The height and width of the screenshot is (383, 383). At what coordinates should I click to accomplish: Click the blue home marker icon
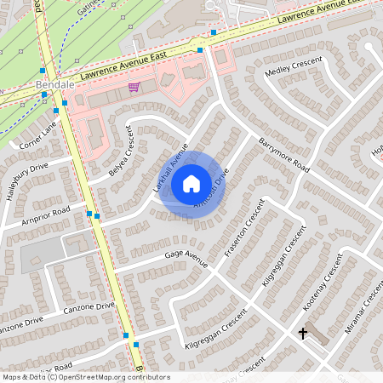[191, 184]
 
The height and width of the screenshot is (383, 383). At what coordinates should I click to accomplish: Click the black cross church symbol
[302, 333]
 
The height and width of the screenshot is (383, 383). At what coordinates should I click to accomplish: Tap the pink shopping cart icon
[134, 86]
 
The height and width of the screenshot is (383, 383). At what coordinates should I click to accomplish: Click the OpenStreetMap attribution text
[86, 377]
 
